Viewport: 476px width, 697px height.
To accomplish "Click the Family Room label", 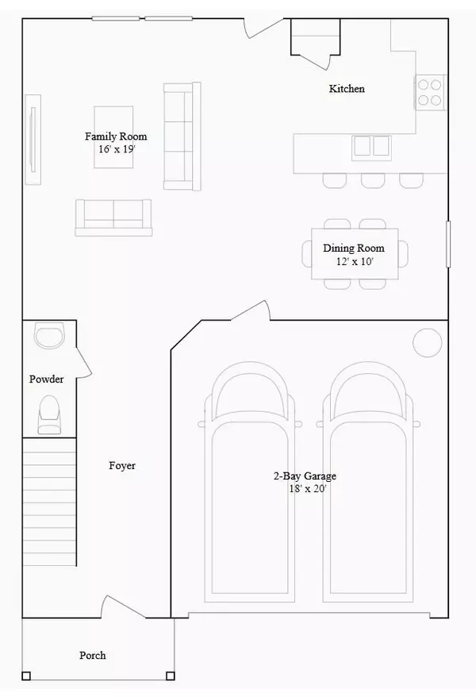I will (x=116, y=137).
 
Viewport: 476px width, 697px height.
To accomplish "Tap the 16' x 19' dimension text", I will (x=116, y=148).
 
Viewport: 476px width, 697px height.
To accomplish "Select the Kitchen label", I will (x=347, y=89).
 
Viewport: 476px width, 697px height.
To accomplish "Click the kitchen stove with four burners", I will (x=429, y=91).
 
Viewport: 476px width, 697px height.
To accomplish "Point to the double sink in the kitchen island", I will (x=371, y=146).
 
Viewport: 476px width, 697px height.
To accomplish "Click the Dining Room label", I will (x=354, y=248).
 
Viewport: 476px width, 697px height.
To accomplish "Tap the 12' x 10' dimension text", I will (x=354, y=260).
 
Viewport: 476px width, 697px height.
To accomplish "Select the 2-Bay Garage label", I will (x=305, y=476).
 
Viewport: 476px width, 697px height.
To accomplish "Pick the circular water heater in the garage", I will (x=427, y=342).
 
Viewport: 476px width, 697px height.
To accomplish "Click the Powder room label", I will (x=46, y=379).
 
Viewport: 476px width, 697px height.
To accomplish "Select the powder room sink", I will (x=49, y=335).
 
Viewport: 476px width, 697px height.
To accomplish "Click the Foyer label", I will (x=121, y=466).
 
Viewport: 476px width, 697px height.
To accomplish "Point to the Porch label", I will (x=92, y=656).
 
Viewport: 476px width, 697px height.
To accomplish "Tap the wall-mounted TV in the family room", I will (x=33, y=140).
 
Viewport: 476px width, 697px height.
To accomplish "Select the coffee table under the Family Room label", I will (x=115, y=137).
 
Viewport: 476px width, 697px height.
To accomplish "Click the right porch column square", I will (x=170, y=676).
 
